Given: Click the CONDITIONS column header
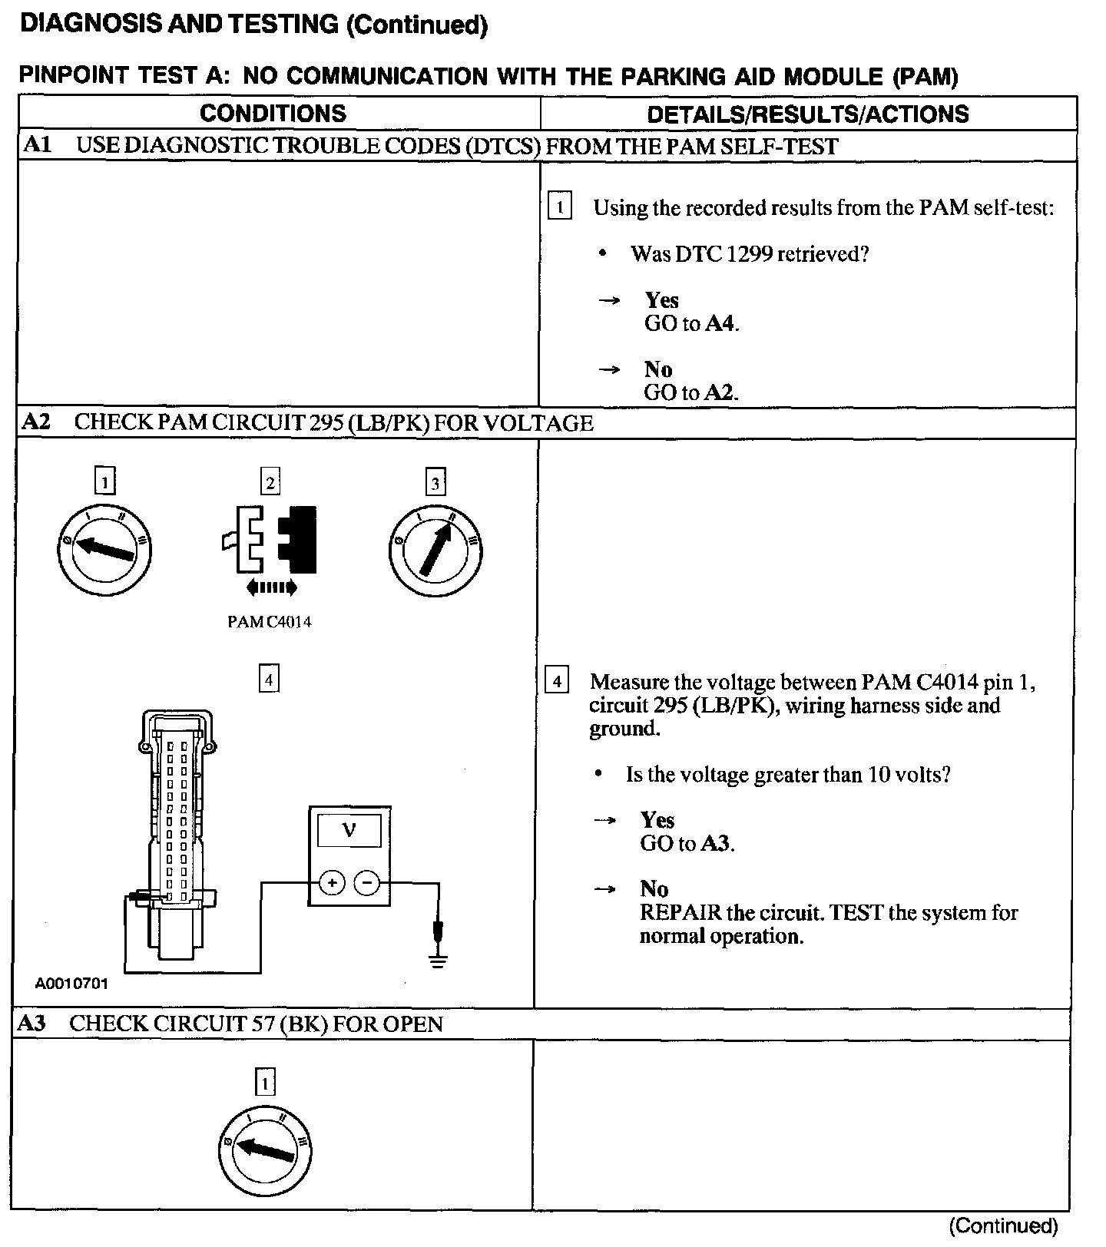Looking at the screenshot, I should tap(273, 114).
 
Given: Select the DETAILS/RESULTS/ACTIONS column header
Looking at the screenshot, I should tap(807, 114).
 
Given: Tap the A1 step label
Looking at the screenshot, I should tap(37, 145).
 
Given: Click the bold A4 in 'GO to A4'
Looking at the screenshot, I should tap(720, 324).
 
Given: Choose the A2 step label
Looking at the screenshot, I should tap(36, 422).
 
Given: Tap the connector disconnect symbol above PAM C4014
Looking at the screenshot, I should tap(270, 541).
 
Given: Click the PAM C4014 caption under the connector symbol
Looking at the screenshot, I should tap(270, 623).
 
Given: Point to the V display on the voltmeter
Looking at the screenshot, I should tap(349, 830).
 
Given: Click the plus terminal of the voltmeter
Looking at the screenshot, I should tap(332, 884).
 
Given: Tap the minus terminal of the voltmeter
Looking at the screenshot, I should tap(367, 884).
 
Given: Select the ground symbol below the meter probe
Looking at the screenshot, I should tap(438, 961).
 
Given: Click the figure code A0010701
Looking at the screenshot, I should tap(71, 984).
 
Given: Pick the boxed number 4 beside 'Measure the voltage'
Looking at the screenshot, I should tap(557, 681).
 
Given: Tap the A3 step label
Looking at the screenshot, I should tap(31, 1024).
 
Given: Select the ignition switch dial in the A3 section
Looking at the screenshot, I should tap(265, 1149).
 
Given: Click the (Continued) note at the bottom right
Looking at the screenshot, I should tap(1003, 1225).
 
